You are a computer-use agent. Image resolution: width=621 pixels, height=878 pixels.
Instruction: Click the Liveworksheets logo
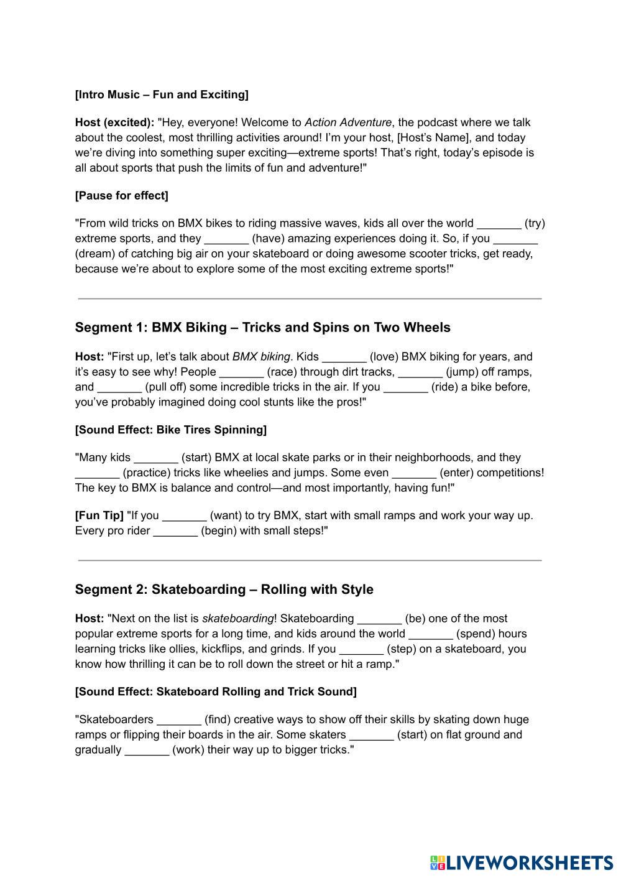521,862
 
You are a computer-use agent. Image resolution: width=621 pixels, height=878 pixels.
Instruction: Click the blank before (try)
499,224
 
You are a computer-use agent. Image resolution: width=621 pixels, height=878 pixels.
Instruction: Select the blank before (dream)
515,239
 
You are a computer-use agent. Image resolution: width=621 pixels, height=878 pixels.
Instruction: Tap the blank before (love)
344,357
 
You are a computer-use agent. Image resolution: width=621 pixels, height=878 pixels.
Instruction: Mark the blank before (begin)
175,531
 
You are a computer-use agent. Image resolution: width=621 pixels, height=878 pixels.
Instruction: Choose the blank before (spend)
431,634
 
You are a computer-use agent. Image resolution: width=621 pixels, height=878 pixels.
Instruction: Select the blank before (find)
179,720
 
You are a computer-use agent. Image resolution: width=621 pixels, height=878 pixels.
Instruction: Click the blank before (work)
147,750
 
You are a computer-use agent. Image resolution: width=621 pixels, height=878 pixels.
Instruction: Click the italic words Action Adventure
348,122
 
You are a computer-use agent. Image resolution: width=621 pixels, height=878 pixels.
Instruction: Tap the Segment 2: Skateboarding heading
224,589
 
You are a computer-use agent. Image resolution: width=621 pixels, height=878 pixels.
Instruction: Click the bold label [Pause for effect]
121,196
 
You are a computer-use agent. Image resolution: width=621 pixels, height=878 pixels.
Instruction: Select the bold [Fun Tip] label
99,515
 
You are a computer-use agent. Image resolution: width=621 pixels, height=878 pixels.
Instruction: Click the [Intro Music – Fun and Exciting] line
162,95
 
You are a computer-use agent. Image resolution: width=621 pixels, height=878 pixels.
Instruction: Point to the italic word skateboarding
238,619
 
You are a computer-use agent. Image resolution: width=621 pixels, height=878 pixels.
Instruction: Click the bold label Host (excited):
114,122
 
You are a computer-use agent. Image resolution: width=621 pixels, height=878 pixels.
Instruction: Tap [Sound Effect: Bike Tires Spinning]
171,430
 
